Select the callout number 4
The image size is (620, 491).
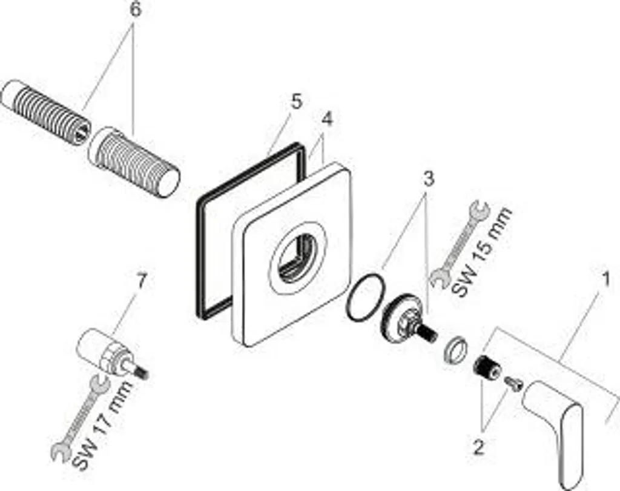[x=326, y=119]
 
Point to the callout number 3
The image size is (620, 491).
[x=428, y=179]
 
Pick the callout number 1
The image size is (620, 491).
[x=605, y=280]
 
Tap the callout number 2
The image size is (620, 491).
[x=478, y=447]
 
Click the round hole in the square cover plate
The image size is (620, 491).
[x=298, y=258]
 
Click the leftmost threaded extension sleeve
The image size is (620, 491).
[x=46, y=112]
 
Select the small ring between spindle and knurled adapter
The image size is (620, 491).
[x=455, y=349]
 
